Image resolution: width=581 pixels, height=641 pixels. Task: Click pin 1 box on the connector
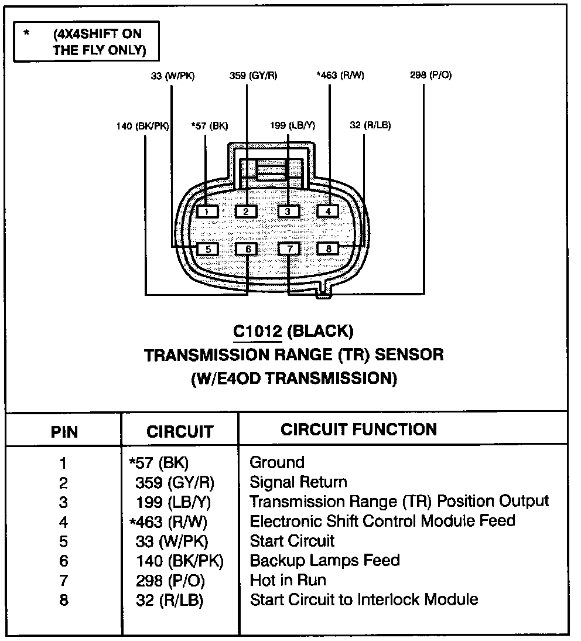click(207, 211)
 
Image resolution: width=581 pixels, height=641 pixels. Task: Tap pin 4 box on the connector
click(328, 211)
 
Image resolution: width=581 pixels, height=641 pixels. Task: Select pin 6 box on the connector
click(247, 249)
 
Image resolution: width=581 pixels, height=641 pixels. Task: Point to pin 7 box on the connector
click(288, 249)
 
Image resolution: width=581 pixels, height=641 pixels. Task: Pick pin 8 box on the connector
click(328, 249)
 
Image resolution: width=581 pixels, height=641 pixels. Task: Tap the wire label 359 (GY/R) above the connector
click(253, 75)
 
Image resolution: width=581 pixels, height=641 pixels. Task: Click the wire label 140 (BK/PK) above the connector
click(142, 125)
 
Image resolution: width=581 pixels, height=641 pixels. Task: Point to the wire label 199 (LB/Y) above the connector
click(293, 125)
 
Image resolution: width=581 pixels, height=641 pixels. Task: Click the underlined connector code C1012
click(257, 332)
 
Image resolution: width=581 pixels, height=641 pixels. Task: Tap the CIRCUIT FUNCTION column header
click(358, 429)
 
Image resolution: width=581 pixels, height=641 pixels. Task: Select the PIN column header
click(64, 432)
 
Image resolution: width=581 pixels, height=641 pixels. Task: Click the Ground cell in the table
click(277, 462)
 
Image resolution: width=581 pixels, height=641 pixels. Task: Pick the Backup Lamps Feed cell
click(324, 560)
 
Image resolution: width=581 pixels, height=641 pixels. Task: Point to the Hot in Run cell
click(288, 580)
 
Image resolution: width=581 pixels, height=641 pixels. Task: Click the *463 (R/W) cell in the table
click(168, 521)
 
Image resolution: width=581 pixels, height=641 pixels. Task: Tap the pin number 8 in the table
click(63, 600)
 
